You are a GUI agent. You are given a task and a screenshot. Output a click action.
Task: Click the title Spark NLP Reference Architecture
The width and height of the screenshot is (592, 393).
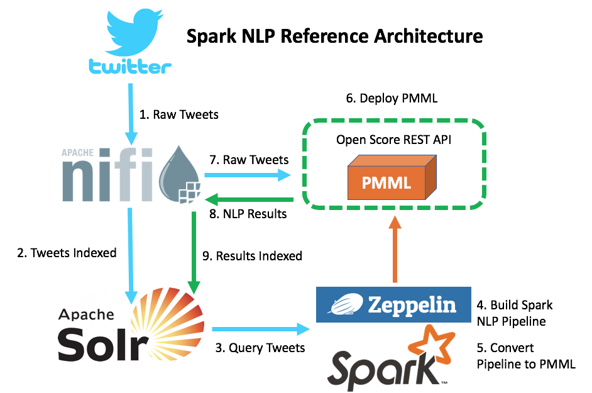[x=334, y=36]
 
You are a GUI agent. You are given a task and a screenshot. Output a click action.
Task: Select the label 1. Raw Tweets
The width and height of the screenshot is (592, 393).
[x=178, y=115]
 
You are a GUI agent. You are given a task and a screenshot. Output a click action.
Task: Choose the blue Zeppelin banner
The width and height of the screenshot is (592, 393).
[x=393, y=305]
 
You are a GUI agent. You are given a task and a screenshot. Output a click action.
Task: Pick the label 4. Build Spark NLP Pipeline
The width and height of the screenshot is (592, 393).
[x=514, y=313]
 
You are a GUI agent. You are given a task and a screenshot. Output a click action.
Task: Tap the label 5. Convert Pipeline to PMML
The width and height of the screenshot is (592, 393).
[x=525, y=355]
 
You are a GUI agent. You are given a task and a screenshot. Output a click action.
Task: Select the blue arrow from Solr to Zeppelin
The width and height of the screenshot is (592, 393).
[x=261, y=328]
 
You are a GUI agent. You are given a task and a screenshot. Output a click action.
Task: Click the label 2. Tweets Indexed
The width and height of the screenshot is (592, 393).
[x=67, y=253]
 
